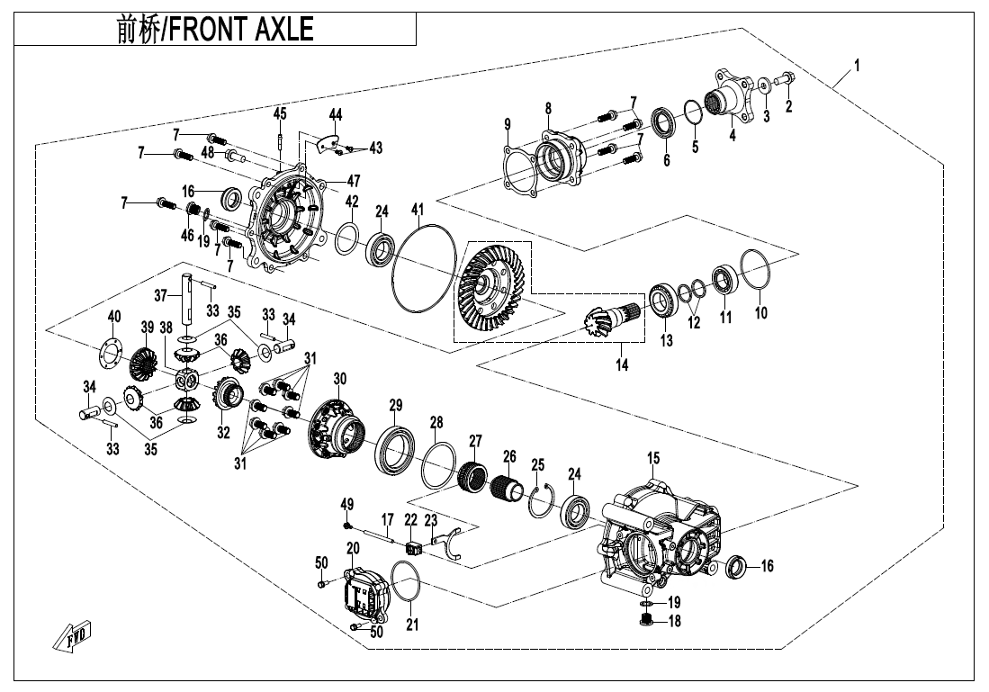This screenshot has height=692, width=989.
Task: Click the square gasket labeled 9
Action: [520, 170]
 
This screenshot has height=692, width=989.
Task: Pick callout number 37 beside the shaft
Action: [161, 294]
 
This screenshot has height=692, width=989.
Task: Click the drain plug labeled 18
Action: [646, 622]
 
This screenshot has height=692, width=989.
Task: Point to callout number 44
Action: [335, 114]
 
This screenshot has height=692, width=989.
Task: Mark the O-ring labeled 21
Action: [405, 585]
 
